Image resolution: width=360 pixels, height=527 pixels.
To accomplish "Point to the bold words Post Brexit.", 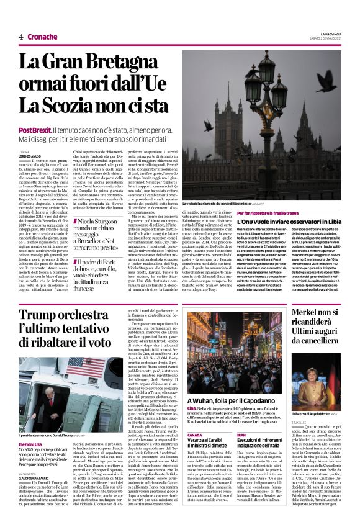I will [x=35, y=130].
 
